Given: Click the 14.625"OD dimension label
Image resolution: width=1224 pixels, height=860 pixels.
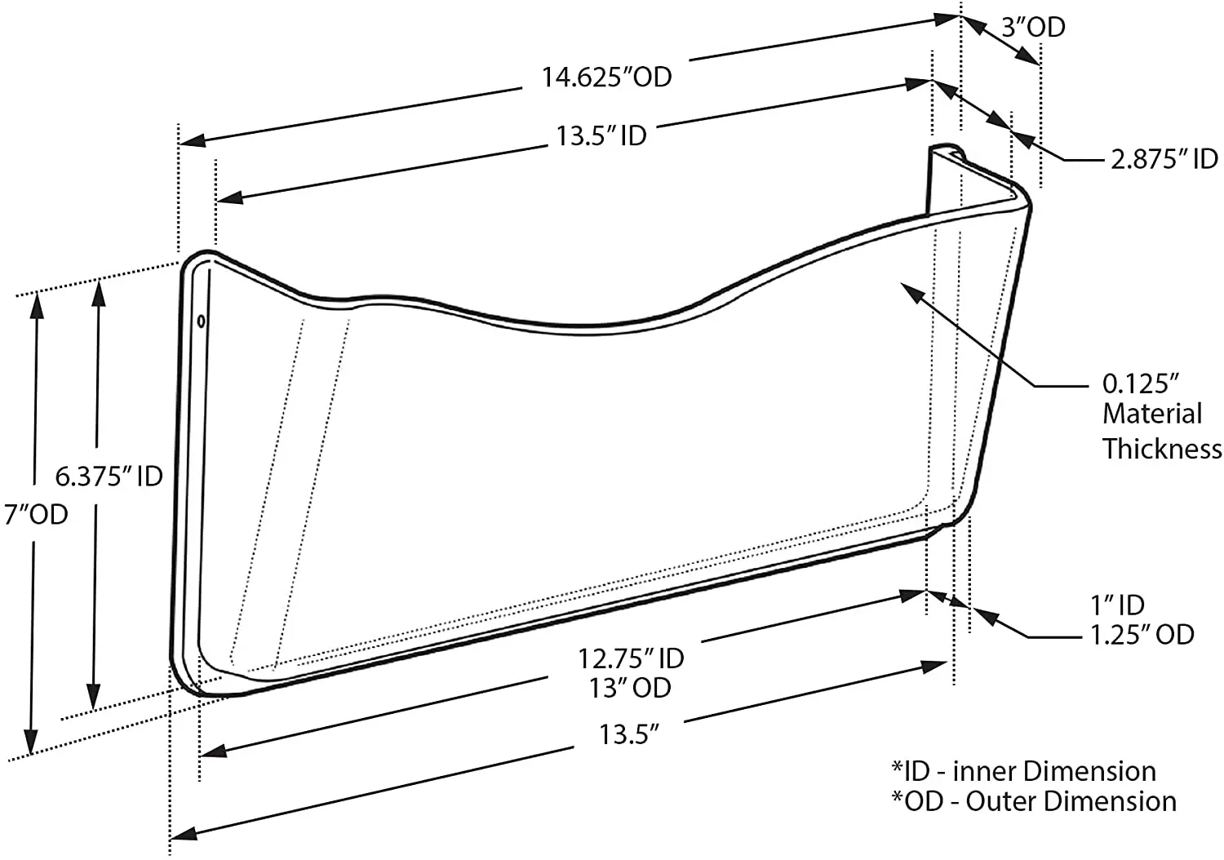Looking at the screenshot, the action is coord(606,77).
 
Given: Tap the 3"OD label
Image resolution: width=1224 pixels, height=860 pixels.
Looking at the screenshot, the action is coord(1033,27).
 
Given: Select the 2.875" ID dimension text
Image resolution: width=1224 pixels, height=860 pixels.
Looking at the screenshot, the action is coord(1164,159).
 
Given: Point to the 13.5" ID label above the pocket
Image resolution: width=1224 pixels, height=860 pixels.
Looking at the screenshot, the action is coord(601,136).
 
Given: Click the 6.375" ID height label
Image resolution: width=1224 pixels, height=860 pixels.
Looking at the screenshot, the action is coord(109,477).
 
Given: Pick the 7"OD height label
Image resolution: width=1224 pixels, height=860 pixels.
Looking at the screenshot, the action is coord(36,514).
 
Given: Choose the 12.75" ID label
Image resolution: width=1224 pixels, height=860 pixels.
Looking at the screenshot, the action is coord(631,658).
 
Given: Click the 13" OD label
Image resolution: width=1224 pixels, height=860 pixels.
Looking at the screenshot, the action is coord(629,688).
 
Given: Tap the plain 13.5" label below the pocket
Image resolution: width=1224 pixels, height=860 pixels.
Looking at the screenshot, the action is coord(629,734).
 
